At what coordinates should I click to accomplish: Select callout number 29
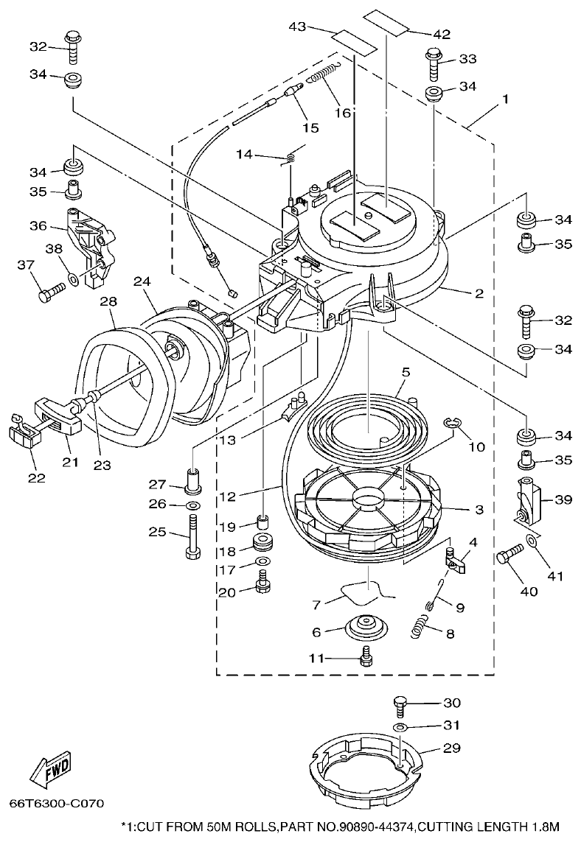coord(451,748)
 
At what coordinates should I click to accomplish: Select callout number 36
coord(38,226)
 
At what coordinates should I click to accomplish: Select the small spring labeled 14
coord(290,155)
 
